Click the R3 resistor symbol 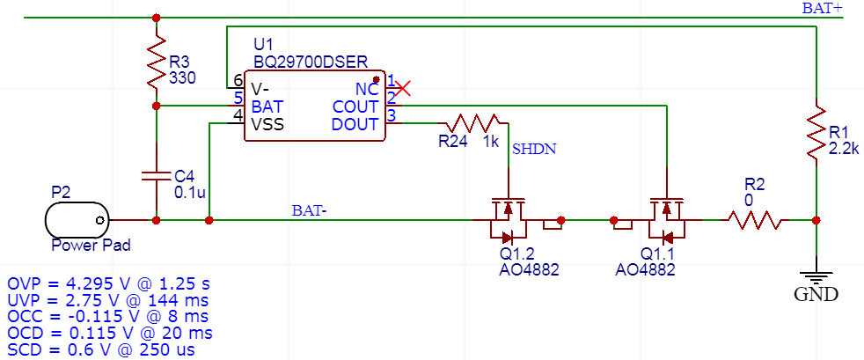point(156,62)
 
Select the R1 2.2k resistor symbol point(816,132)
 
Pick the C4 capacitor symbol point(156,174)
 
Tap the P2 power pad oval point(77,219)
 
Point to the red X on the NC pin point(403,88)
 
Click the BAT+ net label point(822,8)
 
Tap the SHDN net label point(534,149)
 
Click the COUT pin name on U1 point(355,107)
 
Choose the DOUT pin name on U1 point(355,124)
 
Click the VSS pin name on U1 point(267,124)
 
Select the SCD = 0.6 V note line point(101,349)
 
